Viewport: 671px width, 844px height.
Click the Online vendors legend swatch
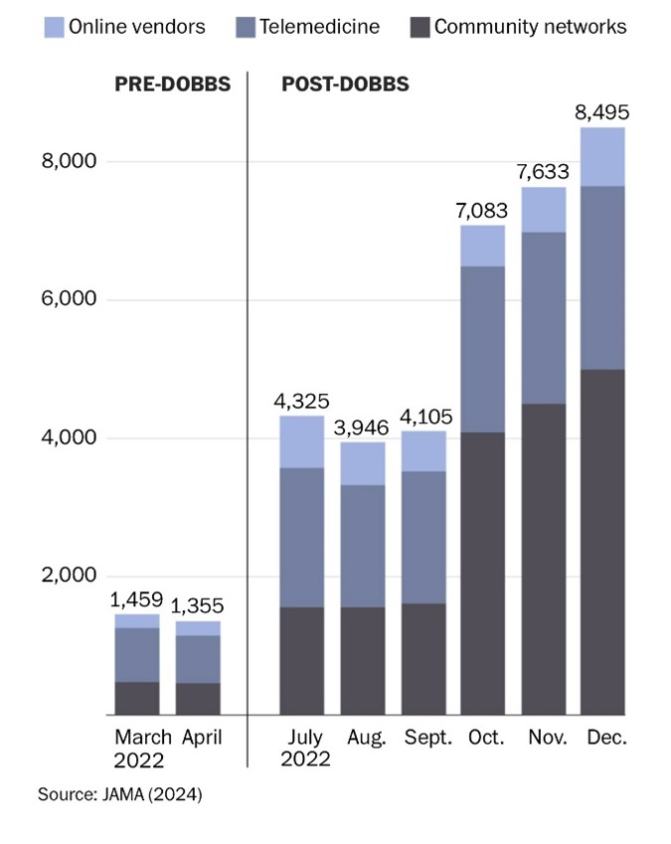coord(54,27)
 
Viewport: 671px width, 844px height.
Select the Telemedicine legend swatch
coord(245,27)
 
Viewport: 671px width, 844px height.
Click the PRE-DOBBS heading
coord(171,84)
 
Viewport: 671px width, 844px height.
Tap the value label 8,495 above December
coord(602,111)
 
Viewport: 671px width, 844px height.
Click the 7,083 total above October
coord(482,210)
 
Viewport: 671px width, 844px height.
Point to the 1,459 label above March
coord(137,598)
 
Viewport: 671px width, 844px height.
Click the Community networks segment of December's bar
coord(602,542)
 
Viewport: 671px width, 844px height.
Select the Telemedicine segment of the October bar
coord(482,349)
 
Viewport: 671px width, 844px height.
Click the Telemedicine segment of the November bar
coord(543,318)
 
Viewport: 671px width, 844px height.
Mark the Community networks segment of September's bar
coord(422,658)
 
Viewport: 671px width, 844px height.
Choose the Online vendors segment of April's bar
coord(198,628)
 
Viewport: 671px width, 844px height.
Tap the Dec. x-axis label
coord(603,739)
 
